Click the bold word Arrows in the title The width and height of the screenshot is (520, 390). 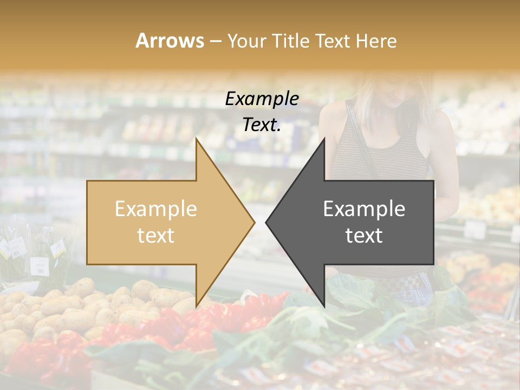170,41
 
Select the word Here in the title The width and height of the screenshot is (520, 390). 377,41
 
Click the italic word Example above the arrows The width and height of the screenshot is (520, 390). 262,99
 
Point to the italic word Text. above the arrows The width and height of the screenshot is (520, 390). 262,125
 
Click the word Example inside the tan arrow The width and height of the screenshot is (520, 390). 156,209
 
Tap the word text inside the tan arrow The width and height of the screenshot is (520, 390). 156,236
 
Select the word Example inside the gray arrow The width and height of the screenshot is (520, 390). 364,209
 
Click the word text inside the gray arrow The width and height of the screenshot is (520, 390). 364,236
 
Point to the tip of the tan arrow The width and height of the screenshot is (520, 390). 254,222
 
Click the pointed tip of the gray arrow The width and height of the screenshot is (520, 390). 266,222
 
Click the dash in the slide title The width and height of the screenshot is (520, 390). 215,41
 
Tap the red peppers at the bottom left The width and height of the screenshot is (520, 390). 43,357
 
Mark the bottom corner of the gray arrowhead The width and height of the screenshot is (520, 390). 324,307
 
